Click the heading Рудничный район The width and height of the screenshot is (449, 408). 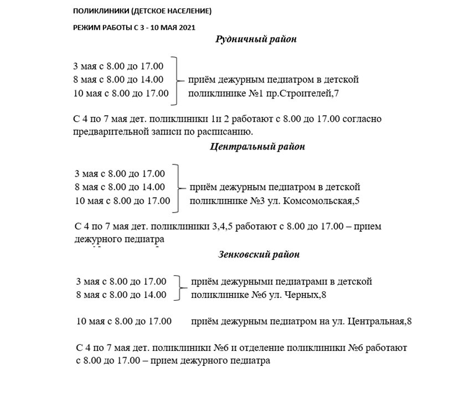(x=256, y=39)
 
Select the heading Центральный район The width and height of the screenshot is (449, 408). (x=257, y=147)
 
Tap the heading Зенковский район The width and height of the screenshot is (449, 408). (x=257, y=255)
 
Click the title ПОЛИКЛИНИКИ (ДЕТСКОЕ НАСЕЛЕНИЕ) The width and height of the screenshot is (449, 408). (x=142, y=11)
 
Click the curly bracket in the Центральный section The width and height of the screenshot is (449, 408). (x=177, y=188)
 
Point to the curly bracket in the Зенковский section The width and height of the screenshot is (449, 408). (x=179, y=288)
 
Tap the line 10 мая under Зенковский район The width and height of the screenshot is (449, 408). (x=123, y=321)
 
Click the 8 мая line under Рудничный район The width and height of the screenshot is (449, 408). (x=118, y=80)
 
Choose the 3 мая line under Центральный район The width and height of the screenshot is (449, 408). (x=120, y=174)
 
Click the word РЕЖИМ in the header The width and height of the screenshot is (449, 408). (x=87, y=27)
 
